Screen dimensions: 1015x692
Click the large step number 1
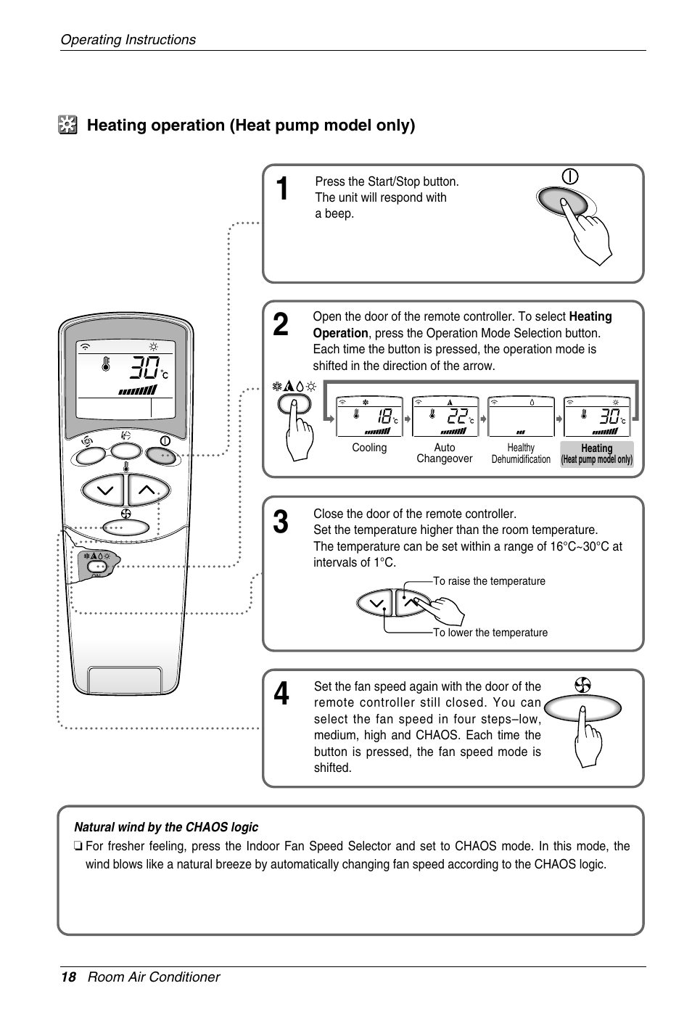click(284, 190)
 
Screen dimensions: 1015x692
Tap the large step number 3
click(281, 522)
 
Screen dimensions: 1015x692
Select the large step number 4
click(282, 694)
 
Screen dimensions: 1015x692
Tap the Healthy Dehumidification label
click(521, 453)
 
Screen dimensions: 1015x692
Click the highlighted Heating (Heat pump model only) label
click(597, 453)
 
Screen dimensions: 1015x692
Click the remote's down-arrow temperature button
click(104, 490)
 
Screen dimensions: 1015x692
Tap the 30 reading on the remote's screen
click(144, 370)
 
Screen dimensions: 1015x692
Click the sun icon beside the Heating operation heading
click(67, 126)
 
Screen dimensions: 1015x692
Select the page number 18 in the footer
click(68, 977)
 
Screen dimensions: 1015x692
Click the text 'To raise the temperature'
click(489, 581)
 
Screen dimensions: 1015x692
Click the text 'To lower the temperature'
click(490, 633)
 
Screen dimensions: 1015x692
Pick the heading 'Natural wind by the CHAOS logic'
click(166, 827)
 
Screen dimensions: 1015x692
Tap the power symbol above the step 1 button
click(570, 176)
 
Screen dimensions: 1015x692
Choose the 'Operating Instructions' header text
click(128, 40)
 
